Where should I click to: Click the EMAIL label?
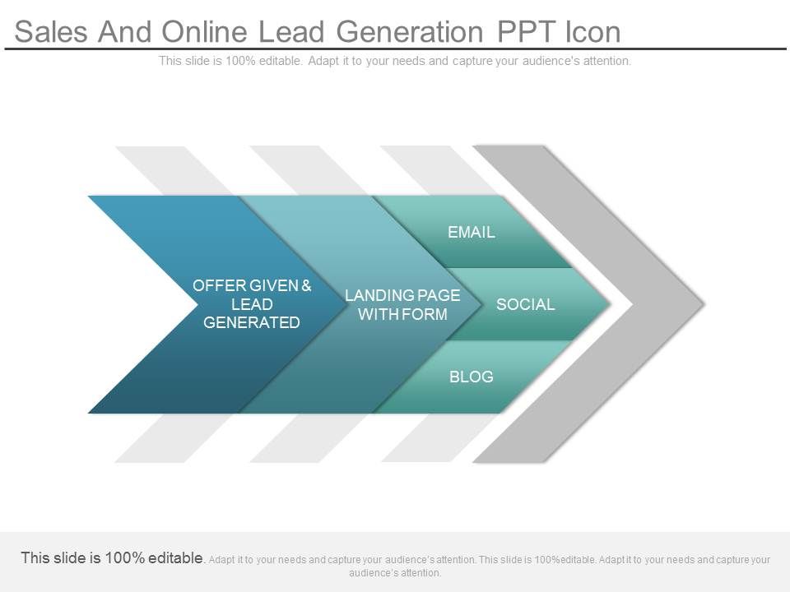pyautogui.click(x=472, y=233)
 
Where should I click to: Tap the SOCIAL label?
pyautogui.click(x=525, y=305)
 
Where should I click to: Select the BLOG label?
pyautogui.click(x=472, y=377)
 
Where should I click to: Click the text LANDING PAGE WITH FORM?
pyautogui.click(x=402, y=305)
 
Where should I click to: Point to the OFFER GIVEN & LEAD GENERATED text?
pyautogui.click(x=252, y=304)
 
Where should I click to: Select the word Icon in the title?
pyautogui.click(x=592, y=32)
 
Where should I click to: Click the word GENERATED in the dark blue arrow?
pyautogui.click(x=252, y=323)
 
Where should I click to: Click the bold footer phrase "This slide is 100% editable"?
pyautogui.click(x=113, y=558)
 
